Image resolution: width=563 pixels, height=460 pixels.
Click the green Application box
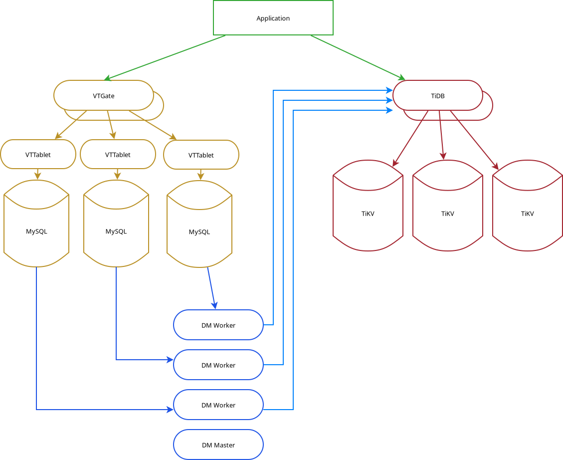[x=273, y=18]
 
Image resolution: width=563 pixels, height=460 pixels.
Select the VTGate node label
[x=104, y=96]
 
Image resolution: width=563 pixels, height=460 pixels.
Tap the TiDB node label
[x=437, y=96]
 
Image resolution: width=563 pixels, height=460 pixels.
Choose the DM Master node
[x=218, y=445]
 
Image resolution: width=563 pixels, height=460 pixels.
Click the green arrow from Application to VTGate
[x=167, y=57]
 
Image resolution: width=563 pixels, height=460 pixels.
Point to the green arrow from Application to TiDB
[x=357, y=57]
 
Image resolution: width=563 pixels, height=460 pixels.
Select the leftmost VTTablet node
[x=38, y=155]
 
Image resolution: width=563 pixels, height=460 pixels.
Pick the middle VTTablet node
[x=118, y=155]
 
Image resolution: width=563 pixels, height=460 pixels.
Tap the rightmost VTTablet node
[x=201, y=155]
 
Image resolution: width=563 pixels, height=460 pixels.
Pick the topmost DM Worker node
[x=218, y=325]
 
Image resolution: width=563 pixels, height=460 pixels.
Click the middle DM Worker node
[x=218, y=365]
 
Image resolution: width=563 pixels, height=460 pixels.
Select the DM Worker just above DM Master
[x=218, y=405]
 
